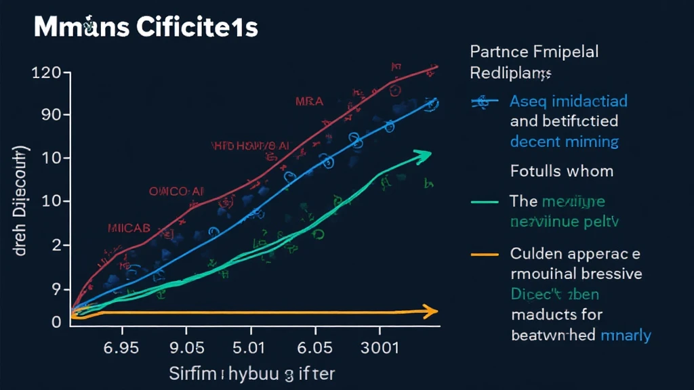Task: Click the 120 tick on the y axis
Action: (x=47, y=73)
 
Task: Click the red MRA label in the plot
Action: (x=310, y=102)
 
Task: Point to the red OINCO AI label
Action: (x=177, y=192)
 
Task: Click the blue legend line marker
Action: (x=485, y=102)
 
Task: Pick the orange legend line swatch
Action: (x=486, y=255)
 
